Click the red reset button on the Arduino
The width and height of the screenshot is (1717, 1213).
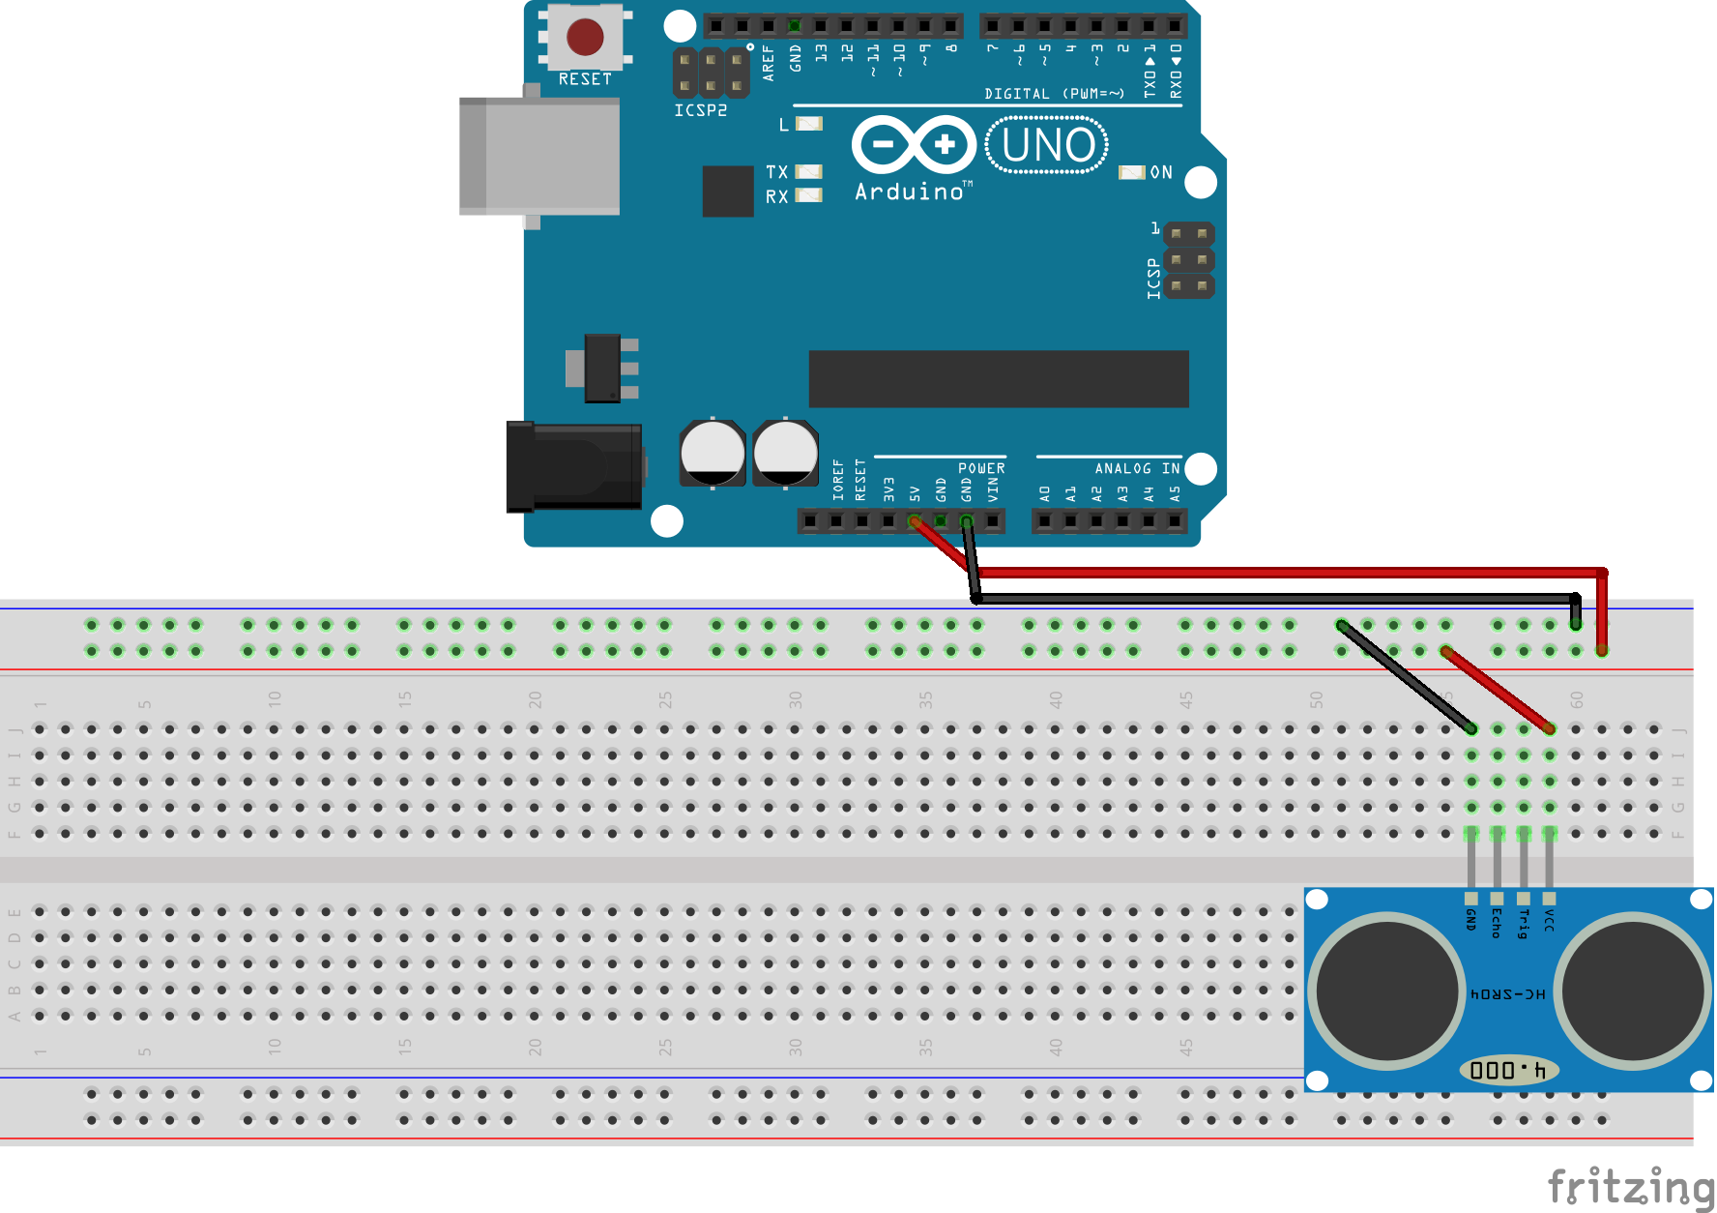point(585,38)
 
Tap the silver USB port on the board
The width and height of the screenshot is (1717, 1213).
point(539,156)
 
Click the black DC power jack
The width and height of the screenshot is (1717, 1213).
point(573,466)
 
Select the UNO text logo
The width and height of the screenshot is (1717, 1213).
point(1047,146)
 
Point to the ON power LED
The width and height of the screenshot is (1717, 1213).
point(1131,172)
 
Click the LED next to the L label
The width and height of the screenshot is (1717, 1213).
point(809,124)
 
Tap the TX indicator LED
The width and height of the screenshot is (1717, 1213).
point(808,171)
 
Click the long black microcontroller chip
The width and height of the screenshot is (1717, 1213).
point(998,379)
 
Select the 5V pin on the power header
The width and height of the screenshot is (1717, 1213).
point(914,521)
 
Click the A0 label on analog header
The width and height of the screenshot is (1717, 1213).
point(1045,493)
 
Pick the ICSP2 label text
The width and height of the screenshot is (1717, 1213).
point(701,110)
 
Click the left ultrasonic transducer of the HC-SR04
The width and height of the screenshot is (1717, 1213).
point(1387,991)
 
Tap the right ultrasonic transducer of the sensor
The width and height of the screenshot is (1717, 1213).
point(1632,991)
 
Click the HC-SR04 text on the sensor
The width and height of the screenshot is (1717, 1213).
point(1507,994)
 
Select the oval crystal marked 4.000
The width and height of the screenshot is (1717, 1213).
point(1507,1070)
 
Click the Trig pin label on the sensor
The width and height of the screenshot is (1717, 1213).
point(1524,924)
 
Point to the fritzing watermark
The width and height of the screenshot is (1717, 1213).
point(1630,1187)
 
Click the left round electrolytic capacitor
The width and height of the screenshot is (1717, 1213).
point(713,453)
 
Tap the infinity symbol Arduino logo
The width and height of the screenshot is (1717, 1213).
point(914,145)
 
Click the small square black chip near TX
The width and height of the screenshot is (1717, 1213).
point(727,191)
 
